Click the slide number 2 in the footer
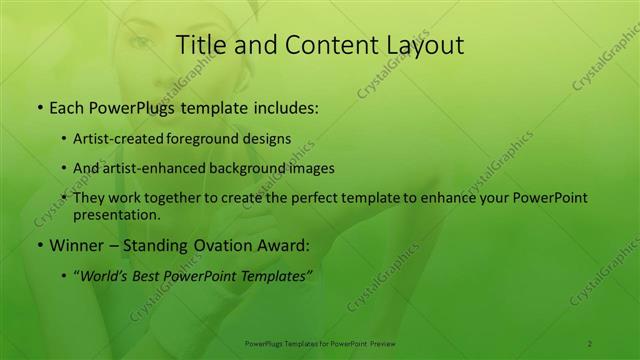(x=591, y=343)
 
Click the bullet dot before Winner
(x=39, y=246)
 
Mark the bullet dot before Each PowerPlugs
(x=39, y=105)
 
